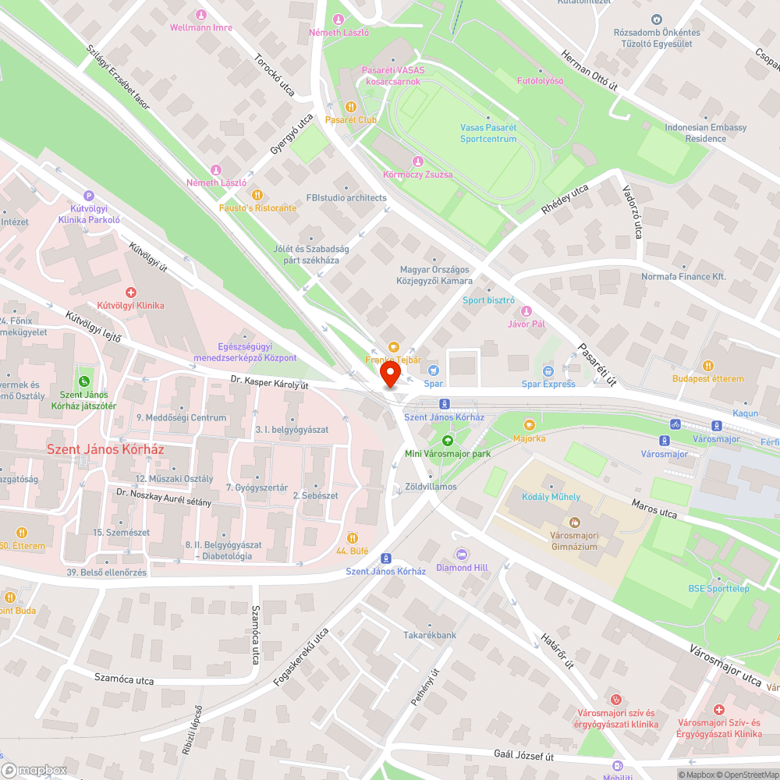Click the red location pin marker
[x=389, y=375]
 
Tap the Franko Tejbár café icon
[x=394, y=346]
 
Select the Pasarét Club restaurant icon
[x=351, y=106]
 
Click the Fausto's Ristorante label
[x=257, y=208]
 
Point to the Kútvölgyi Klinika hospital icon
[x=131, y=292]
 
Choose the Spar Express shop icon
[x=548, y=370]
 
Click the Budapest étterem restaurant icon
[x=708, y=365]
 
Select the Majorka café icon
[x=530, y=424]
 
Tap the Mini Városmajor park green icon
[x=447, y=440]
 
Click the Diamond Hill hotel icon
[x=462, y=554]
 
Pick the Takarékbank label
[x=430, y=636]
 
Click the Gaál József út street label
[x=523, y=756]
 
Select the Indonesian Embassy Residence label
[x=706, y=133]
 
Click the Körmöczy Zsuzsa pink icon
[x=417, y=161]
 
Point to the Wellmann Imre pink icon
[x=200, y=15]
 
